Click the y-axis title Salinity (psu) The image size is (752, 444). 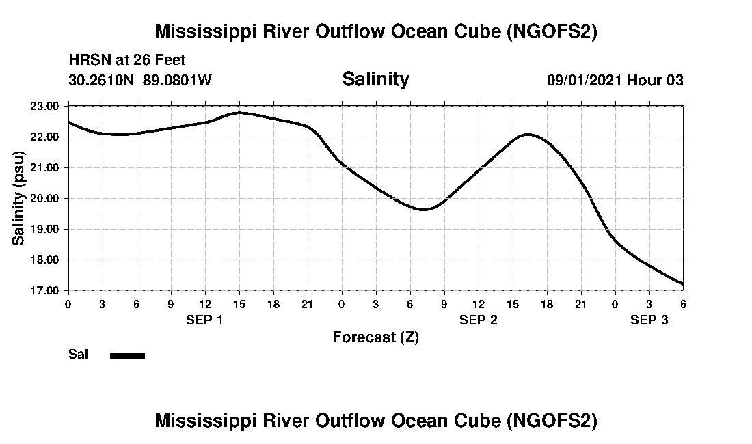(18, 198)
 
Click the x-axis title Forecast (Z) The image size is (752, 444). (375, 337)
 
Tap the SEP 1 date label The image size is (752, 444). (204, 320)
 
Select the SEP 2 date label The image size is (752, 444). (478, 320)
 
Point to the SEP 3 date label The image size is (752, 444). (649, 320)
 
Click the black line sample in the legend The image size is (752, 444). (127, 355)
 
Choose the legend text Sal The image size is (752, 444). (78, 355)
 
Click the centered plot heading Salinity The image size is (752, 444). (375, 79)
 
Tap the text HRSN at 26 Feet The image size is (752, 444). (127, 60)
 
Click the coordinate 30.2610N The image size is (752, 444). (102, 80)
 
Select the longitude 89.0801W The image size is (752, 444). (177, 80)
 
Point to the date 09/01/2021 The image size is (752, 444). (584, 80)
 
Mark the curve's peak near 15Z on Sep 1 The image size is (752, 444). (239, 113)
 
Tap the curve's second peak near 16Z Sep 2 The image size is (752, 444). (527, 135)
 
